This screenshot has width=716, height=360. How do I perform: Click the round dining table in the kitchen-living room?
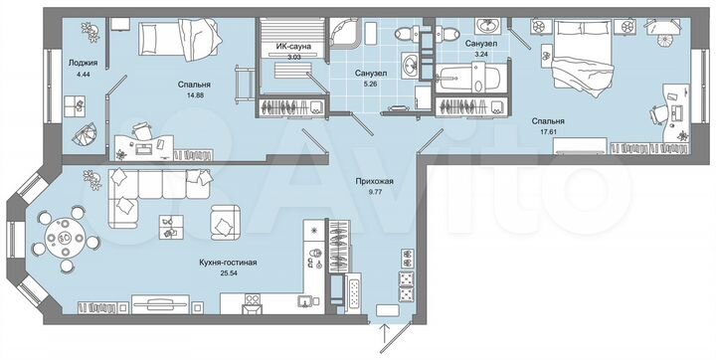click(x=66, y=239)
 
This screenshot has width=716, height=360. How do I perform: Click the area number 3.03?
click(x=294, y=58)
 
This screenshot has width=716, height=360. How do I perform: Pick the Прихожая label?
click(x=376, y=181)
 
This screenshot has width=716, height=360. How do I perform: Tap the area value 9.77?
click(x=376, y=192)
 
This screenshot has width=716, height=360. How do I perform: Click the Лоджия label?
click(x=82, y=63)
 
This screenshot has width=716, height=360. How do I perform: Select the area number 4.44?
click(x=82, y=73)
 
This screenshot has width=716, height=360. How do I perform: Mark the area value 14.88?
click(x=179, y=95)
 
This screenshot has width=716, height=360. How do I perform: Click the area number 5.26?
click(x=370, y=85)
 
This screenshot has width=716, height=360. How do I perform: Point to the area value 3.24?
click(x=481, y=56)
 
